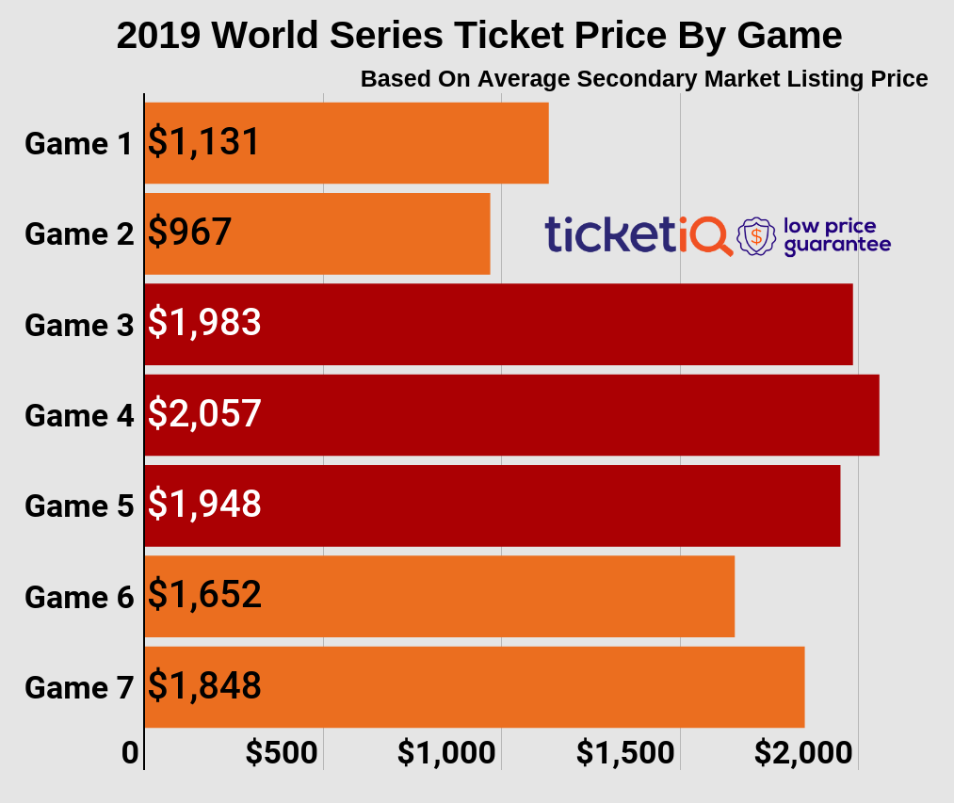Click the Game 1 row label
pyautogui.click(x=79, y=144)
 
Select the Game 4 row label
pyautogui.click(x=79, y=416)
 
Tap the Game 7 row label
pyautogui.click(x=79, y=688)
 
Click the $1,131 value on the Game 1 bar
pyautogui.click(x=203, y=142)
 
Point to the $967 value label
pyautogui.click(x=189, y=233)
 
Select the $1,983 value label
pyautogui.click(x=204, y=323)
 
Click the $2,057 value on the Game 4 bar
pyautogui.click(x=204, y=413)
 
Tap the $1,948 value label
pyautogui.click(x=204, y=504)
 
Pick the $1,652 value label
pyautogui.click(x=204, y=595)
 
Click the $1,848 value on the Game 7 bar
pyautogui.click(x=204, y=685)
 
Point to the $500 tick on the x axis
pyautogui.click(x=282, y=753)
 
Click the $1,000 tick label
pyautogui.click(x=446, y=753)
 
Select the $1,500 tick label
pyautogui.click(x=625, y=753)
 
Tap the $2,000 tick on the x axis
pyautogui.click(x=804, y=753)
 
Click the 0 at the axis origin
pyautogui.click(x=130, y=753)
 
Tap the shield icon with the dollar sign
pyautogui.click(x=756, y=236)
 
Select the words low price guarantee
pyautogui.click(x=836, y=235)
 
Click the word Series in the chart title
pyautogui.click(x=380, y=36)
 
